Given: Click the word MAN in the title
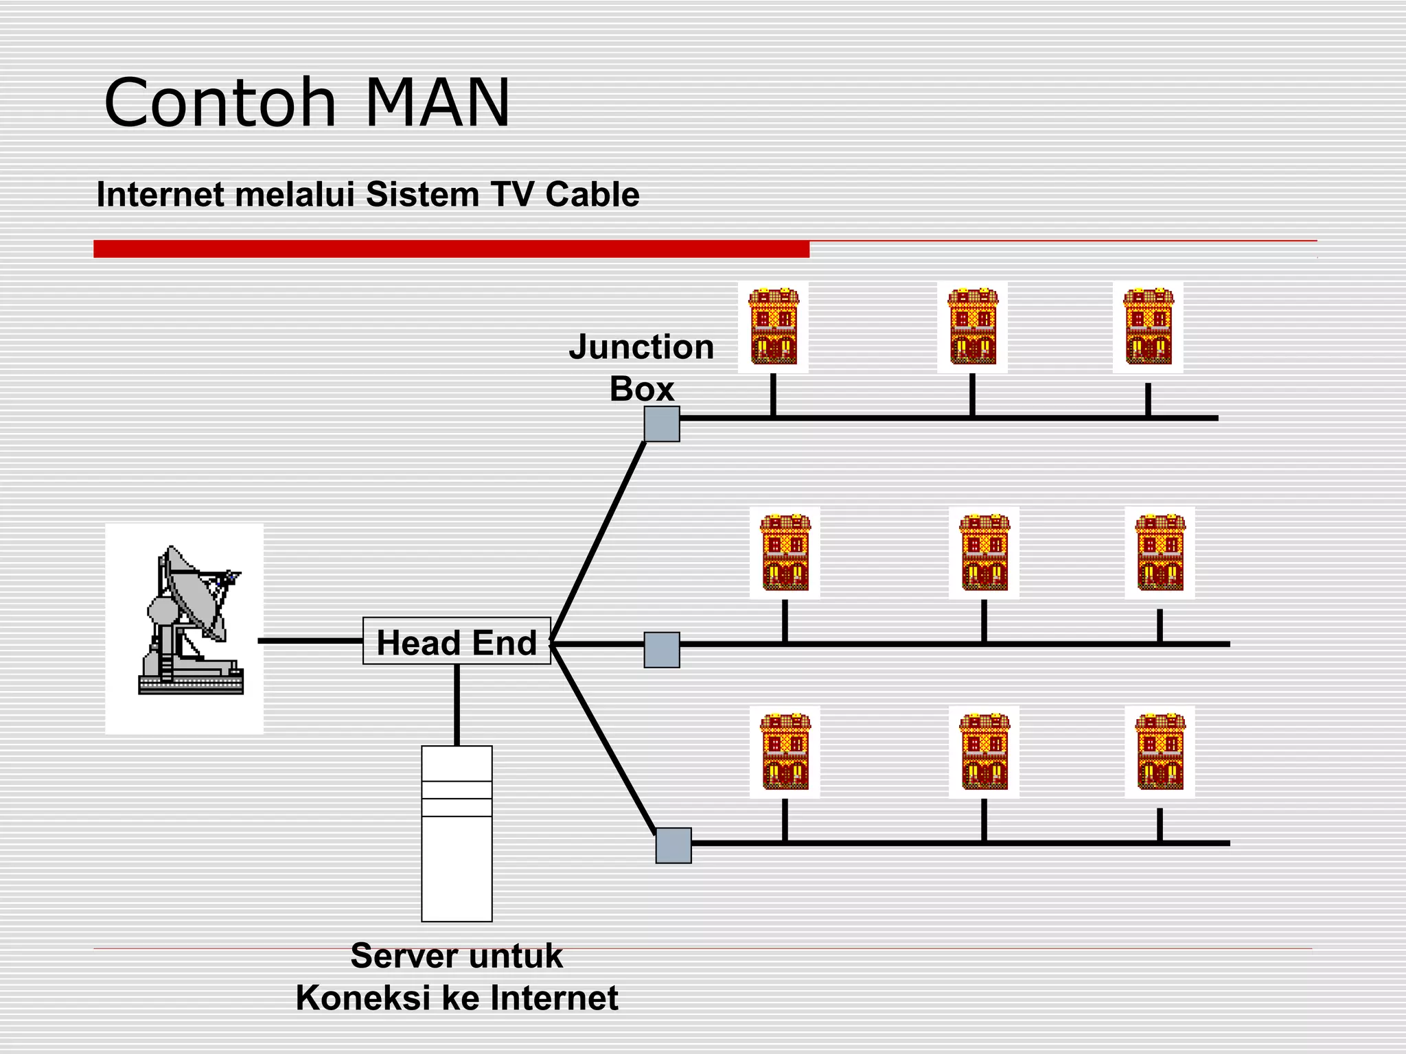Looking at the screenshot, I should (x=438, y=103).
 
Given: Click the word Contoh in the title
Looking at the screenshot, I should (x=220, y=103).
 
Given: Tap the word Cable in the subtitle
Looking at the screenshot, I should (x=592, y=194).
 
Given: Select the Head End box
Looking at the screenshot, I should (x=457, y=642).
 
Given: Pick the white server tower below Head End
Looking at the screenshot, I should (x=457, y=833).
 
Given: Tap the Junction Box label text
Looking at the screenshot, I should (x=641, y=368).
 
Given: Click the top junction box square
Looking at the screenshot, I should (x=662, y=424).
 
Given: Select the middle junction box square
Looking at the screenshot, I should (x=662, y=650).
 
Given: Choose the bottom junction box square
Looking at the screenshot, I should (x=673, y=845).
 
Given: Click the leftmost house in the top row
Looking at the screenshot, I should (x=774, y=327).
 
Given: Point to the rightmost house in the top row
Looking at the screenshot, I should (x=1149, y=327).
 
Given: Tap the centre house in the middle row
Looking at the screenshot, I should (x=984, y=552).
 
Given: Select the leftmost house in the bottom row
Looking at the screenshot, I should (x=785, y=751).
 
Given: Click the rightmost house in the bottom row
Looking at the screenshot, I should (x=1160, y=751).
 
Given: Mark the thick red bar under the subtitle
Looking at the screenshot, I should (x=451, y=248).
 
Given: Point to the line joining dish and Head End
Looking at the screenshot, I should (x=310, y=641).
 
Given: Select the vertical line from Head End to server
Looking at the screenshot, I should (x=457, y=705).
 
